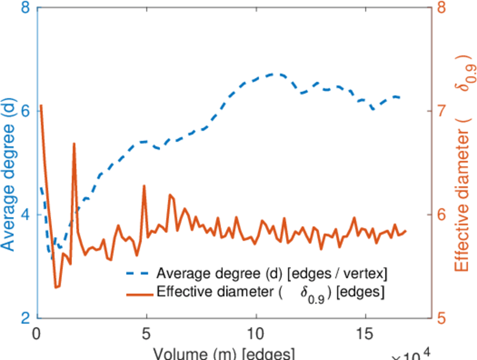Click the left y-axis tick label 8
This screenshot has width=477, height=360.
coord(26,8)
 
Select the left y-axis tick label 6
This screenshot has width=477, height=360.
coord(26,112)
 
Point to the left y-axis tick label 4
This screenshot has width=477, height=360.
coord(26,215)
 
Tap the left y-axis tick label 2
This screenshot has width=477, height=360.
coord(26,317)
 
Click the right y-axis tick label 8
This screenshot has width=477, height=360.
coord(442,8)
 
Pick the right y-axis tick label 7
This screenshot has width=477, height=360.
coord(442,112)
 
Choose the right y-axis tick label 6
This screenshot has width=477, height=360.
coord(442,215)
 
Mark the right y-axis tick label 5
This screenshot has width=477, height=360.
coord(442,317)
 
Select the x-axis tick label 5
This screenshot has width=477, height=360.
coord(146,334)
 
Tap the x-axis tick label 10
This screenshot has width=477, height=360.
coord(256,334)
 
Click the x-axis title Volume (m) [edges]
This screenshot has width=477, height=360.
coord(223,353)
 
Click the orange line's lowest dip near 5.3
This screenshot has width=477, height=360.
coord(56,287)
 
